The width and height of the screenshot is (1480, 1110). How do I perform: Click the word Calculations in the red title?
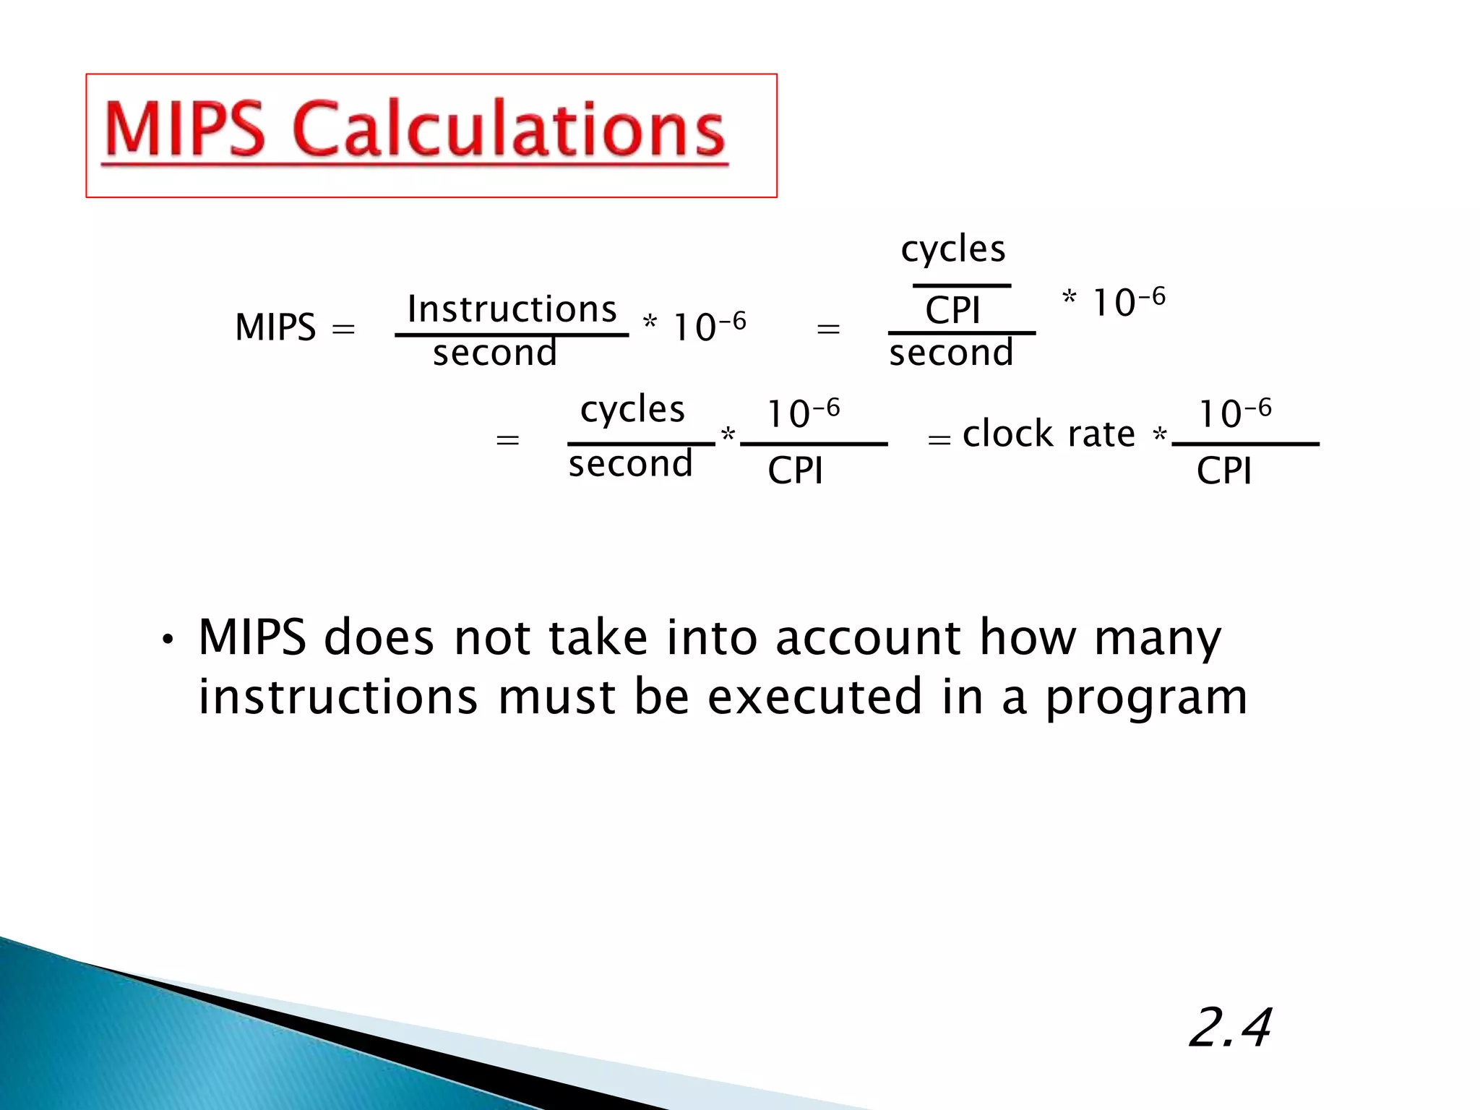coord(509,130)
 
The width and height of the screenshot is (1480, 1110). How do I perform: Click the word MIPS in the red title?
coord(185,130)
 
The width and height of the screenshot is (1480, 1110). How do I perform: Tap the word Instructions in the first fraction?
coord(512,309)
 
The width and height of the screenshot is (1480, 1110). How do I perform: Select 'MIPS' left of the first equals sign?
coord(275,327)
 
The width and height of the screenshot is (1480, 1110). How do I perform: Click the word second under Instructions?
coord(495,353)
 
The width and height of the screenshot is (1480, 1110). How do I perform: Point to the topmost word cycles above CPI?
coord(953,250)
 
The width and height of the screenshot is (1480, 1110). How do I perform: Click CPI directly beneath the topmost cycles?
coord(952,311)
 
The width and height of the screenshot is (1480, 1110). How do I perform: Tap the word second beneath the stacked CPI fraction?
coord(951,353)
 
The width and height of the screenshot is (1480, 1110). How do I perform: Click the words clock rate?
coord(1049,434)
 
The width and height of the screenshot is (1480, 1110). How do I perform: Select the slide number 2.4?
coord(1230,1028)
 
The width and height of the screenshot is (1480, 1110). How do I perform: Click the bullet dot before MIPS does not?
coord(168,640)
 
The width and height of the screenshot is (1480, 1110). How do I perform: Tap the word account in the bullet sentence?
coord(868,638)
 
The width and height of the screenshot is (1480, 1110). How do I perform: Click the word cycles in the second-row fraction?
coord(632,410)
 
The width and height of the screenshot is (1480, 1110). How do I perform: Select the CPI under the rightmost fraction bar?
coord(1224,471)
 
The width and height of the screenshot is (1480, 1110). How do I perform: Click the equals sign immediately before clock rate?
coord(939,439)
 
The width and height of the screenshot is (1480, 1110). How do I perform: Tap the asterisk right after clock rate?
coord(1159,435)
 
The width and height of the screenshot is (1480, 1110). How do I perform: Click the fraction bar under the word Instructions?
coord(512,335)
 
